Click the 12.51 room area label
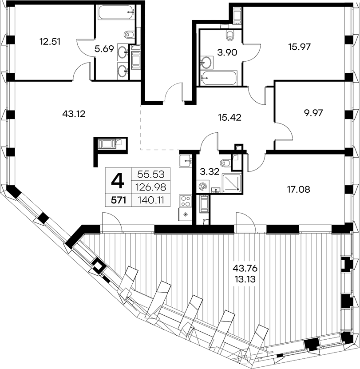[x=50, y=42]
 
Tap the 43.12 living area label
[x=74, y=114]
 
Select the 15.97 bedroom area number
[x=300, y=47]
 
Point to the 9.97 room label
[x=313, y=113]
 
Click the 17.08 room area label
[x=299, y=189]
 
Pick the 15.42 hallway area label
[x=229, y=117]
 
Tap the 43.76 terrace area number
[x=245, y=268]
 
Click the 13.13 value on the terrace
[x=245, y=280]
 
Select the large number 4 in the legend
[x=118, y=182]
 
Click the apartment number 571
[x=119, y=201]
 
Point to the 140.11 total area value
[x=151, y=200]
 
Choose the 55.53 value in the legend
[x=151, y=175]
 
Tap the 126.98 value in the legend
[x=151, y=187]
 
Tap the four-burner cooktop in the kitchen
[x=186, y=201]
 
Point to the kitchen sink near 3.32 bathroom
[x=186, y=161]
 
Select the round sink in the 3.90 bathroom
[x=207, y=62]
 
